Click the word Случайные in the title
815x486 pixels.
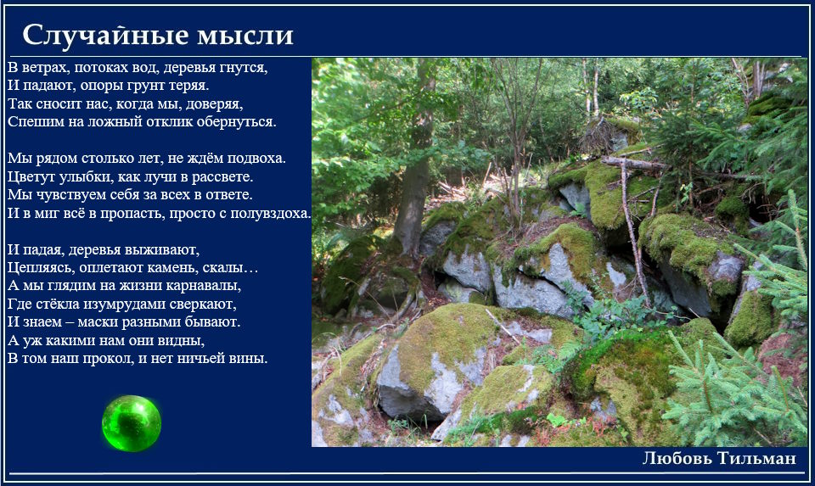[105, 36]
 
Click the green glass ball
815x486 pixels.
[132, 422]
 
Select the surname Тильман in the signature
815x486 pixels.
[756, 458]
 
